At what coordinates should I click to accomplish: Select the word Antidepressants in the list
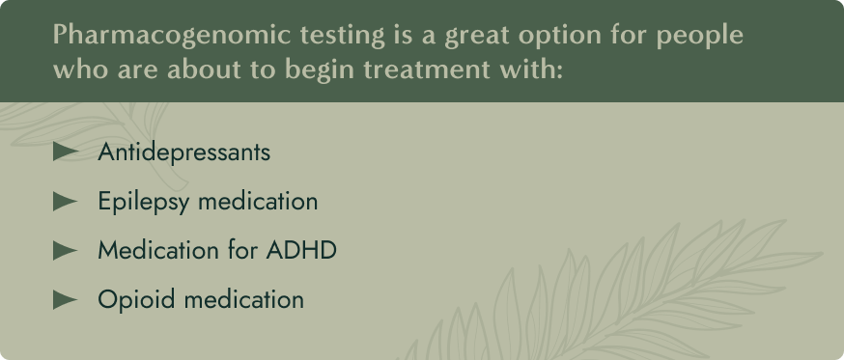pyautogui.click(x=183, y=152)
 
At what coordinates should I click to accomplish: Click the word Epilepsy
pyautogui.click(x=141, y=202)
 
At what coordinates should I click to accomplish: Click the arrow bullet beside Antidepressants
pyautogui.click(x=65, y=152)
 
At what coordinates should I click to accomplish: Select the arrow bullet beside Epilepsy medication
pyautogui.click(x=65, y=201)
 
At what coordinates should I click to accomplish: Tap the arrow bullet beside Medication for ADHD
pyautogui.click(x=65, y=250)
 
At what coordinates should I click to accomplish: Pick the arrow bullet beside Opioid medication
pyautogui.click(x=65, y=299)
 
